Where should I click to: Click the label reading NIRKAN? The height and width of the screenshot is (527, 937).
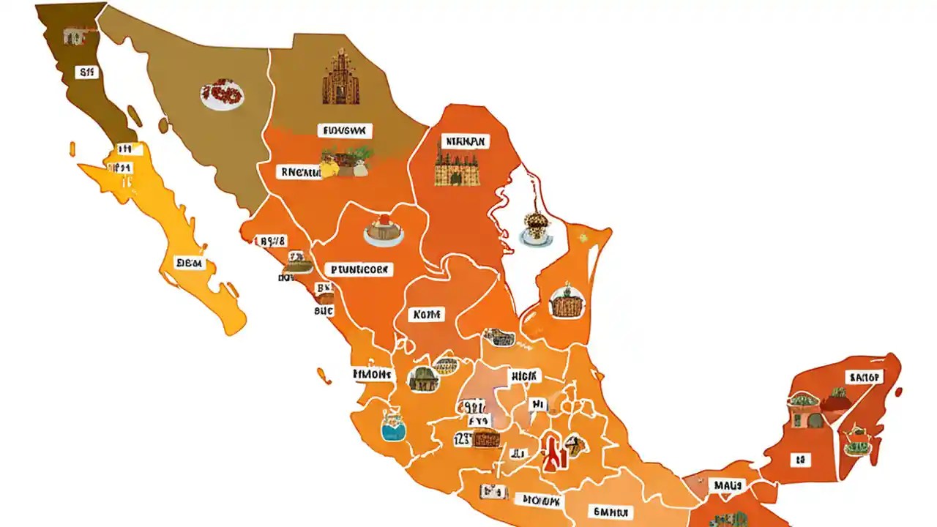pyautogui.click(x=466, y=141)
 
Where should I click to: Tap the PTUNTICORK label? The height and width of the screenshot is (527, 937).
pyautogui.click(x=358, y=269)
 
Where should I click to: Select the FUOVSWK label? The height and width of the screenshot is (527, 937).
pyautogui.click(x=346, y=131)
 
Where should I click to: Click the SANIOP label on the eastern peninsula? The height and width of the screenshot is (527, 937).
pyautogui.click(x=865, y=377)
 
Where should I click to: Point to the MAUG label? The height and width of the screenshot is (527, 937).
pyautogui.click(x=727, y=485)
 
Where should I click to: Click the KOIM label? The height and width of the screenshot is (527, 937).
pyautogui.click(x=428, y=315)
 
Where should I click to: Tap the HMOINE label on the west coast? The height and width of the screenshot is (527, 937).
pyautogui.click(x=373, y=374)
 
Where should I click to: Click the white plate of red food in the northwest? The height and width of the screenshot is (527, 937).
pyautogui.click(x=222, y=94)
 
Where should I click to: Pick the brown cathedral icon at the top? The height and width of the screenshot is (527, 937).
pyautogui.click(x=341, y=77)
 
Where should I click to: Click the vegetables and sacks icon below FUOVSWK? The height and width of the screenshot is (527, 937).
pyautogui.click(x=347, y=162)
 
